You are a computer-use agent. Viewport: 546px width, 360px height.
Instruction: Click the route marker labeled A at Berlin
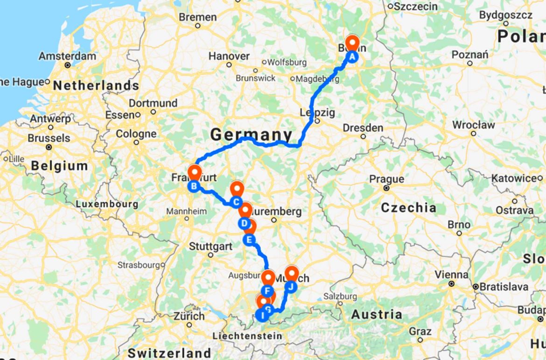(x=352, y=57)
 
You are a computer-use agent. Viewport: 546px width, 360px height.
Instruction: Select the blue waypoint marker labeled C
(x=236, y=202)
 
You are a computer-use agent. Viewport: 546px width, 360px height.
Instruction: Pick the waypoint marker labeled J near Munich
(x=291, y=286)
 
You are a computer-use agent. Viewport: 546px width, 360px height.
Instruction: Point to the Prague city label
(x=386, y=179)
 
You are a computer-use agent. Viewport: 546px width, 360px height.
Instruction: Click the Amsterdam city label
(x=68, y=56)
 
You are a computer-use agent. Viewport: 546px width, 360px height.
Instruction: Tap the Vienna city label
(x=451, y=274)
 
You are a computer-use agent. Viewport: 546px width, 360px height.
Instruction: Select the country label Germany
(x=251, y=135)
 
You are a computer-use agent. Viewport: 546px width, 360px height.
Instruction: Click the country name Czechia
(x=408, y=208)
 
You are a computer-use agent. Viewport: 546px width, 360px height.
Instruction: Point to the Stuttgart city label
(x=210, y=246)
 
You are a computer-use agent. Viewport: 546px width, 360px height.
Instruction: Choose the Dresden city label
(x=363, y=127)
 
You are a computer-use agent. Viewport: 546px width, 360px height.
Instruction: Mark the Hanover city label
(x=229, y=56)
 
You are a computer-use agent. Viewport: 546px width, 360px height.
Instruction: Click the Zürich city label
(x=189, y=316)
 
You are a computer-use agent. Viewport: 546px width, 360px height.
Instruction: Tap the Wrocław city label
(x=473, y=125)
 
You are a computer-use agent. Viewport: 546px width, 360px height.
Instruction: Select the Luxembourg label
(x=107, y=204)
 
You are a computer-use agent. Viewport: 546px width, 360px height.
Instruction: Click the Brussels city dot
(x=49, y=147)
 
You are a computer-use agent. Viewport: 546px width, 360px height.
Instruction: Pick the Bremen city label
(x=198, y=17)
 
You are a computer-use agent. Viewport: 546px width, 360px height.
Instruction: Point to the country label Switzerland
(x=169, y=353)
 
